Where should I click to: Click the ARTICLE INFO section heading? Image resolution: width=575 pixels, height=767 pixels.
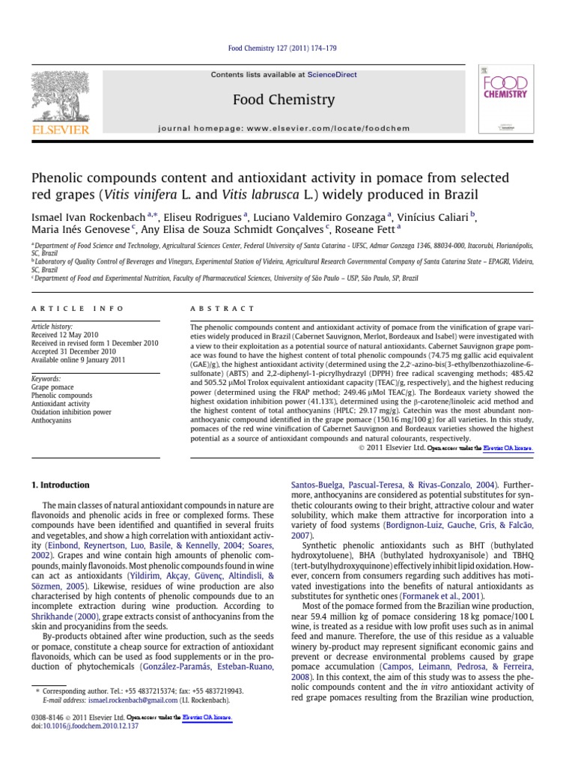tap(68, 308)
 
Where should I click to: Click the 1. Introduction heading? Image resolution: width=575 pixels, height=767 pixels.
tap(60, 485)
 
